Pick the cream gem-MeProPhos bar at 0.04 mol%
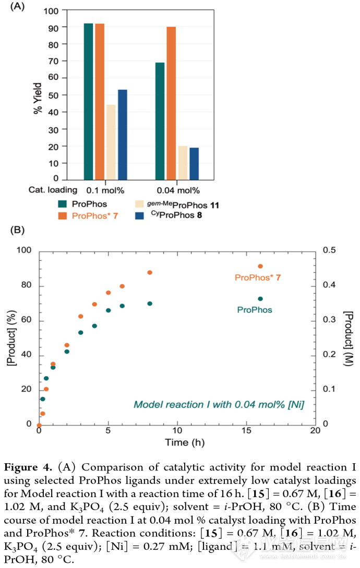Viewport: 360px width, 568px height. click(x=183, y=163)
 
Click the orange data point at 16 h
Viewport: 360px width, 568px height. click(x=260, y=267)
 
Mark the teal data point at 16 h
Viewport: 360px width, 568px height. click(x=260, y=299)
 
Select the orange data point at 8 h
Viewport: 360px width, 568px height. click(x=150, y=272)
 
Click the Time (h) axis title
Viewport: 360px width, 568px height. click(x=177, y=443)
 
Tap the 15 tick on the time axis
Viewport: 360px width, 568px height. click(x=246, y=431)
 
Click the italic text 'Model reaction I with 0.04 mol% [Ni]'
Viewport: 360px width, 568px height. click(x=219, y=404)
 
